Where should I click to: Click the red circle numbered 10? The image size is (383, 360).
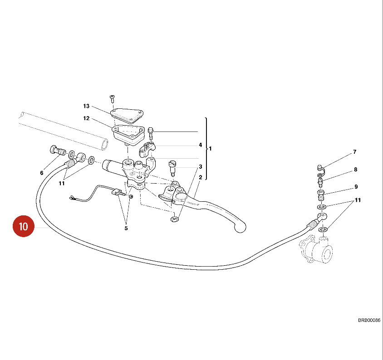coord(24,226)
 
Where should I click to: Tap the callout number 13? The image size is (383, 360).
coord(86,106)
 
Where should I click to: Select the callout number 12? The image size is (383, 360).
coord(86,119)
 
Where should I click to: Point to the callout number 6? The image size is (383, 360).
coord(42,173)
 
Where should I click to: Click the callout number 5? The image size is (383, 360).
coord(126,228)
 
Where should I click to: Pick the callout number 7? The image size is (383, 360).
coord(355,152)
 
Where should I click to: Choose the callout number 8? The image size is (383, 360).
coord(356,170)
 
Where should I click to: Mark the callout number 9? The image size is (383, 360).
coord(356,186)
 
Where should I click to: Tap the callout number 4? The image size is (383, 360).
coord(200,145)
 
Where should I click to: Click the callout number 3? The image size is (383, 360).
coord(200,167)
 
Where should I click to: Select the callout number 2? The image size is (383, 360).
coord(200,177)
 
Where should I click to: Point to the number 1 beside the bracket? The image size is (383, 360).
coord(210,148)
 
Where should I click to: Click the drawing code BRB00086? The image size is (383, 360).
coord(369,320)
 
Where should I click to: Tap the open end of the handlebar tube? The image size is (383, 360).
coord(105,145)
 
